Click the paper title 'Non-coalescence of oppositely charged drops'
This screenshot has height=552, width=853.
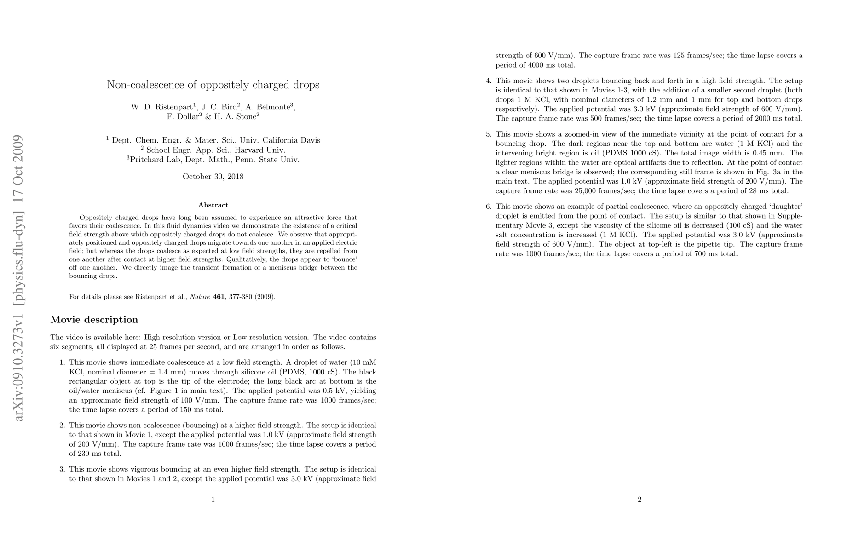(213, 85)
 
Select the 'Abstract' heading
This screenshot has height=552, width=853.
(213, 205)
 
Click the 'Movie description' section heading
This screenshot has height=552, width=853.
(94, 320)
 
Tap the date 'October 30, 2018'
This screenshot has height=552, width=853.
(213, 177)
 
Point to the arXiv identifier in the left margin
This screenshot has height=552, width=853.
(18, 278)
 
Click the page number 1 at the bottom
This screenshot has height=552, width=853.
(213, 500)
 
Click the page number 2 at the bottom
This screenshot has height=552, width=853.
(640, 500)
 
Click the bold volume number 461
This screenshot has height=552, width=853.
(219, 297)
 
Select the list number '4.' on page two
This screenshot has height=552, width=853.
(489, 81)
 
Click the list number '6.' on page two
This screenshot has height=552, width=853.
(489, 207)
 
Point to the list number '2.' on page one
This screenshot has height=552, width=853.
(63, 425)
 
